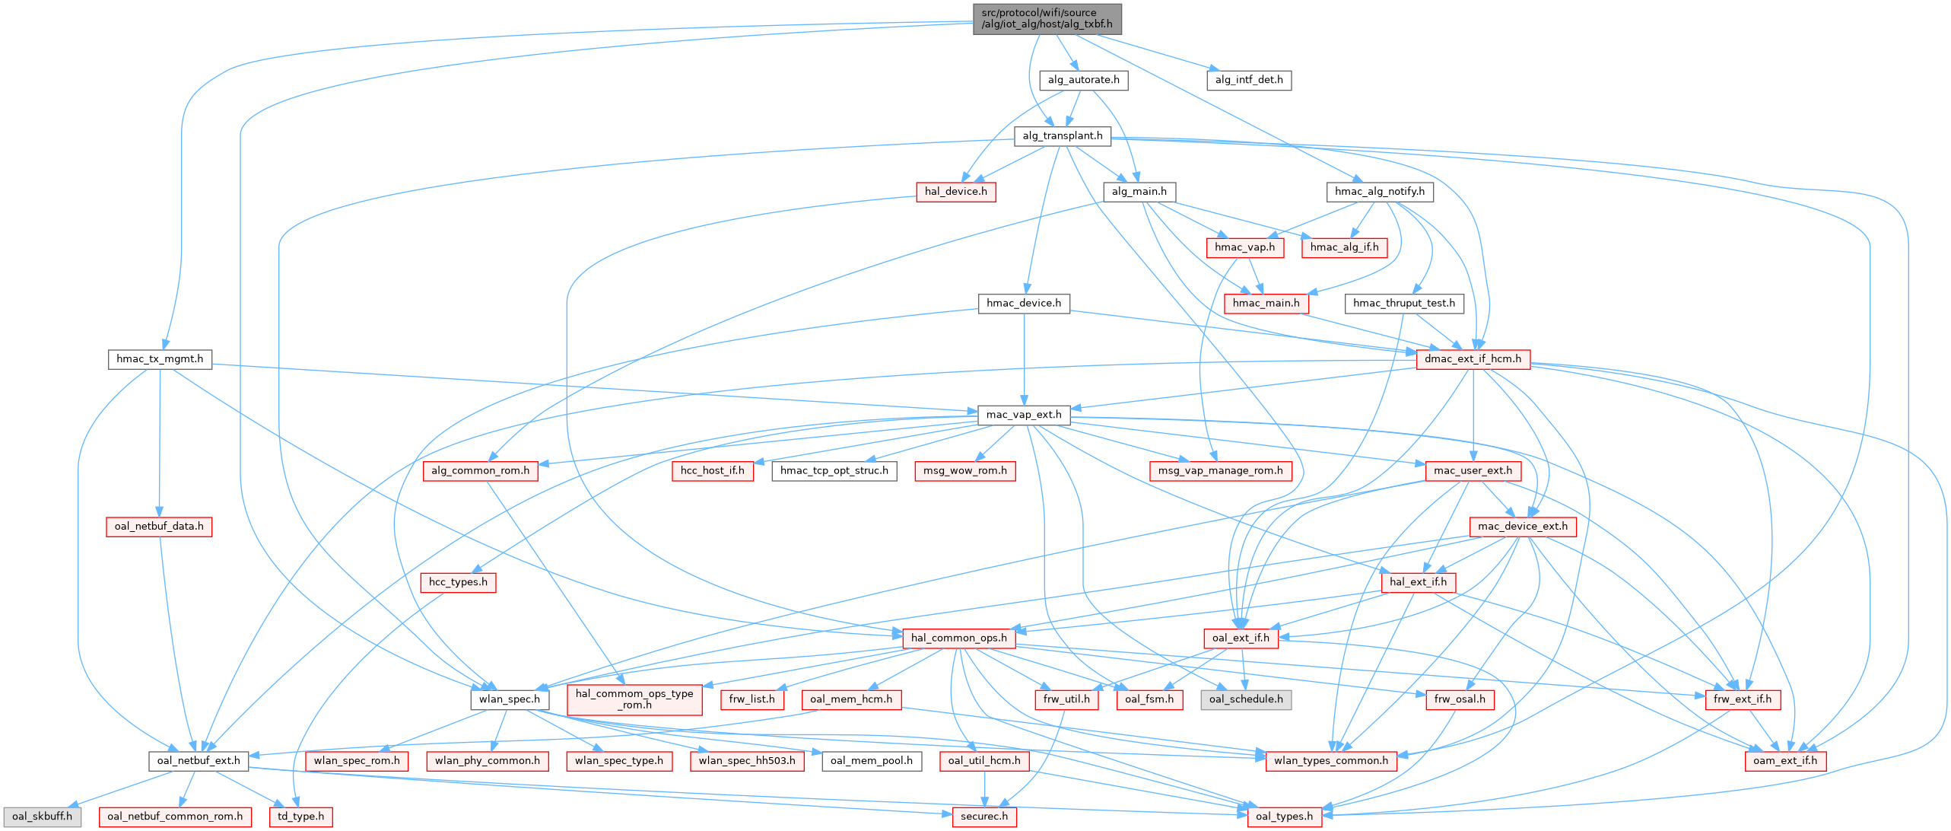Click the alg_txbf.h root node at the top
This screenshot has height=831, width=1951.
click(x=1047, y=18)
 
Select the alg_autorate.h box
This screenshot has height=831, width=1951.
click(x=1083, y=80)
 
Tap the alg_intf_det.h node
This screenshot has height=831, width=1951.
click(x=1248, y=80)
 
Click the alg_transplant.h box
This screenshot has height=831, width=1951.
click(x=1062, y=135)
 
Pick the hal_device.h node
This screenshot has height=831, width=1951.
click(x=955, y=191)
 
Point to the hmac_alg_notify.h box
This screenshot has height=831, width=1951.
click(x=1380, y=191)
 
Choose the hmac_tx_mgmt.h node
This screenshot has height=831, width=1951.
click(x=160, y=358)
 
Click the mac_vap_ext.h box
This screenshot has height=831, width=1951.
click(x=1024, y=415)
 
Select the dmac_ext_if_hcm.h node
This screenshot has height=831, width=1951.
click(x=1473, y=358)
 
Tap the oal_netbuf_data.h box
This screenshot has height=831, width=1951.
click(x=159, y=527)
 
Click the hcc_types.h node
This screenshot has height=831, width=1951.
click(x=458, y=582)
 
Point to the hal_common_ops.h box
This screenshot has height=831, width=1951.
click(x=958, y=638)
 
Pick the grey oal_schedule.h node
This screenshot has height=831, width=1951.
click(x=1245, y=699)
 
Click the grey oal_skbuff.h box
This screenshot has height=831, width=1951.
click(x=42, y=817)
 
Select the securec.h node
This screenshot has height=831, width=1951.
click(x=984, y=817)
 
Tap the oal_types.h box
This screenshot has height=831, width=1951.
click(x=1284, y=817)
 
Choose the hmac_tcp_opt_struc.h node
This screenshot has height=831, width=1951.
click(x=834, y=470)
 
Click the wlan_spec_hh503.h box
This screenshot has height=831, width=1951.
click(x=747, y=760)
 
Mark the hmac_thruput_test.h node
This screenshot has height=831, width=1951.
click(x=1404, y=303)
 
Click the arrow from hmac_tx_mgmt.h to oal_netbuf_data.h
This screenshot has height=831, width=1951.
click(x=160, y=441)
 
